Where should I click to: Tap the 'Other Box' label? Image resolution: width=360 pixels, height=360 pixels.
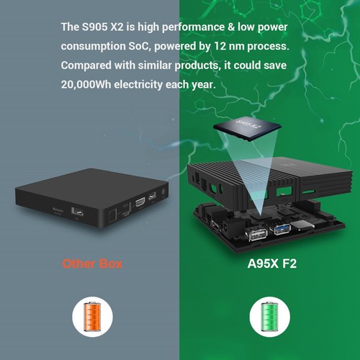click(91, 264)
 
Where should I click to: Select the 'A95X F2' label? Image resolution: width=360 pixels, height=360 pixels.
click(267, 264)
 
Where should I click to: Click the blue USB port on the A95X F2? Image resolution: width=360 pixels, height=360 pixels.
click(280, 230)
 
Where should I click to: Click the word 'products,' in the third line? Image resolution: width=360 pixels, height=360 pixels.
click(194, 66)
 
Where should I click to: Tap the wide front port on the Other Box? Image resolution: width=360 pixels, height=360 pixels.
click(78, 212)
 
